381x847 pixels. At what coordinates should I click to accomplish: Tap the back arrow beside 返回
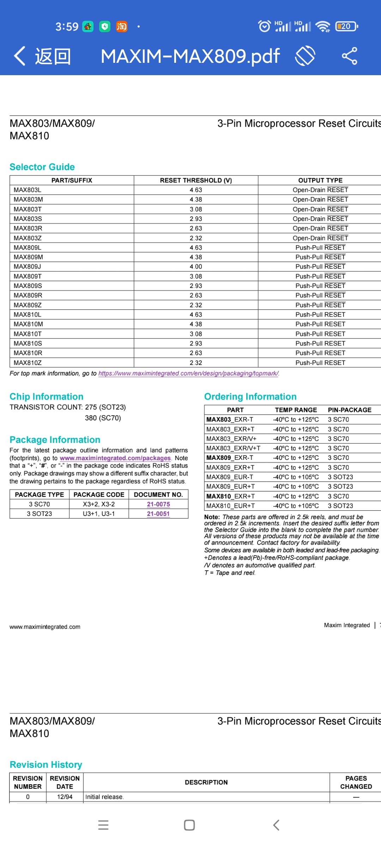(20, 56)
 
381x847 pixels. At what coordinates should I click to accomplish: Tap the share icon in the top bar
(349, 56)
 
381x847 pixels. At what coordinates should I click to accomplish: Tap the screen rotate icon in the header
(305, 56)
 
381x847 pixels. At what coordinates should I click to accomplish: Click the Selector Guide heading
(42, 167)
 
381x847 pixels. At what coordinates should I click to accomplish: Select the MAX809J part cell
(28, 267)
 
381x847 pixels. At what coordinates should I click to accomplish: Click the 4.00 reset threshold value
(196, 267)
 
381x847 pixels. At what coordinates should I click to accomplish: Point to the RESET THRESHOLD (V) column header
(196, 180)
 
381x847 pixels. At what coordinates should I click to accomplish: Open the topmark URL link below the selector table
(188, 373)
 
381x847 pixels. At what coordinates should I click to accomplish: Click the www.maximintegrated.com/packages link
(115, 458)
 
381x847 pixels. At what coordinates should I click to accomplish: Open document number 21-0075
(158, 504)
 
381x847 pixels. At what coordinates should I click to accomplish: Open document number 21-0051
(158, 514)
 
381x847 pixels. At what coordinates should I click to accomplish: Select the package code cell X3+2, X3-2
(99, 504)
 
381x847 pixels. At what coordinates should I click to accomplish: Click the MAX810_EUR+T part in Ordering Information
(230, 506)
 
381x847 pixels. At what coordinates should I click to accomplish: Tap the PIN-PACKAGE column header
(349, 410)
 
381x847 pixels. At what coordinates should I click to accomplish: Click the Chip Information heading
(46, 396)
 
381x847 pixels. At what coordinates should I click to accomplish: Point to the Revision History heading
(46, 764)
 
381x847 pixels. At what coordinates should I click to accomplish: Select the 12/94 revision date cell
(65, 797)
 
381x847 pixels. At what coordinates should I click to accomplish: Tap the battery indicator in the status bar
(346, 26)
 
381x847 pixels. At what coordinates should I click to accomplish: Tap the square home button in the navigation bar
(189, 825)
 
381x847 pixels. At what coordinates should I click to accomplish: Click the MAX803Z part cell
(28, 238)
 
